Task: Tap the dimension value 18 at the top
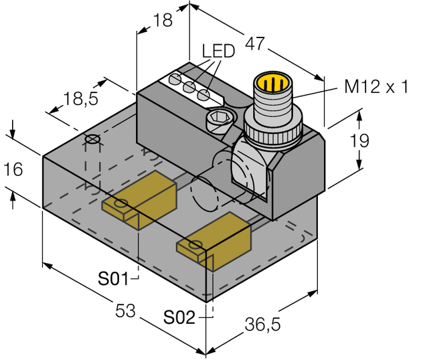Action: (162, 20)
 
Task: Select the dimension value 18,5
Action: (80, 101)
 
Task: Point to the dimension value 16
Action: (14, 169)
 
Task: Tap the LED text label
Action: (218, 52)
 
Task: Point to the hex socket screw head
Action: (219, 122)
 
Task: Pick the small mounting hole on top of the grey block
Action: (92, 140)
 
